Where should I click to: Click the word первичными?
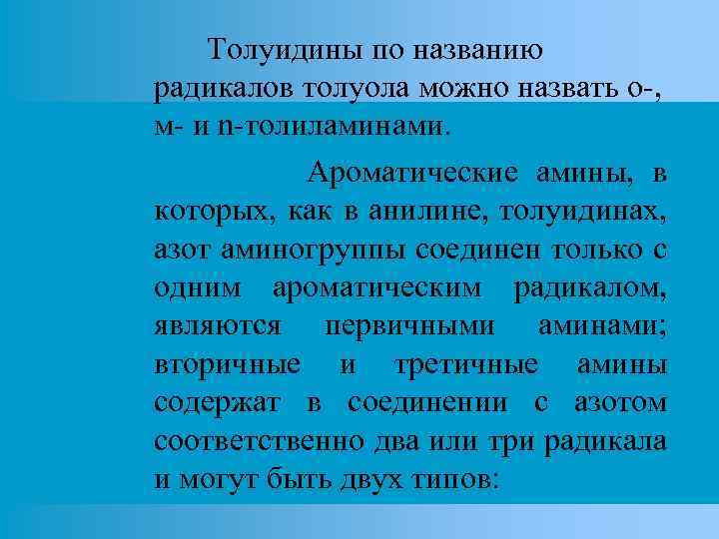pyautogui.click(x=423, y=326)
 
